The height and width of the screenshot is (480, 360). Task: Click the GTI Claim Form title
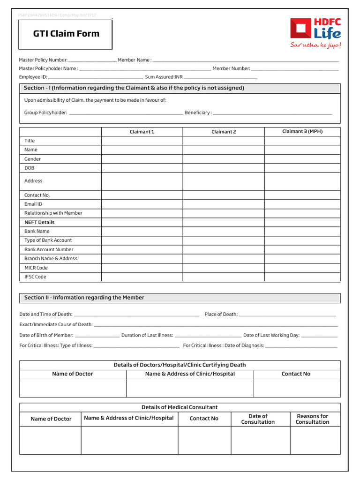(x=66, y=33)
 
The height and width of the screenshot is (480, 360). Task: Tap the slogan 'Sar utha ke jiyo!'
(x=315, y=45)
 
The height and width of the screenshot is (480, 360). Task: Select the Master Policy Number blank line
(x=92, y=60)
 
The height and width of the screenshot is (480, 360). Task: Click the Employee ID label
(x=33, y=77)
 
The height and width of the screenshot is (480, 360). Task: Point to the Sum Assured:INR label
(x=164, y=77)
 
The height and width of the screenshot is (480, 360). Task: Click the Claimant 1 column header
(x=142, y=132)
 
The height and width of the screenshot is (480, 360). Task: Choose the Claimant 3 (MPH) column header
(x=302, y=131)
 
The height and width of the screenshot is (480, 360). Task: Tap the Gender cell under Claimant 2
(x=224, y=159)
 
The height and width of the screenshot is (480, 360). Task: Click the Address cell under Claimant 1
(x=142, y=181)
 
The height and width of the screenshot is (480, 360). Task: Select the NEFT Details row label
(x=39, y=222)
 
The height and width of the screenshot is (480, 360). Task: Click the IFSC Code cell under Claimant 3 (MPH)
(x=302, y=277)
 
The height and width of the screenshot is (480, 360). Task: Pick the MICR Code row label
(x=36, y=268)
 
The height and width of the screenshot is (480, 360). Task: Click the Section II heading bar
(x=180, y=298)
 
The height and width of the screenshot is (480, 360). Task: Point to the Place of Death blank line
(x=287, y=315)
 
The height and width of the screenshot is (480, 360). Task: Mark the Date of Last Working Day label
(x=271, y=335)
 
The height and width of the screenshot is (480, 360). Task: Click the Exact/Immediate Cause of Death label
(x=56, y=324)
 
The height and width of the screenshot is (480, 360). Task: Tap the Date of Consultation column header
(x=258, y=419)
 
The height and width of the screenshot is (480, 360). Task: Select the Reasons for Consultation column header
(x=312, y=419)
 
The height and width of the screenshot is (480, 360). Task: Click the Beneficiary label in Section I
(x=198, y=112)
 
